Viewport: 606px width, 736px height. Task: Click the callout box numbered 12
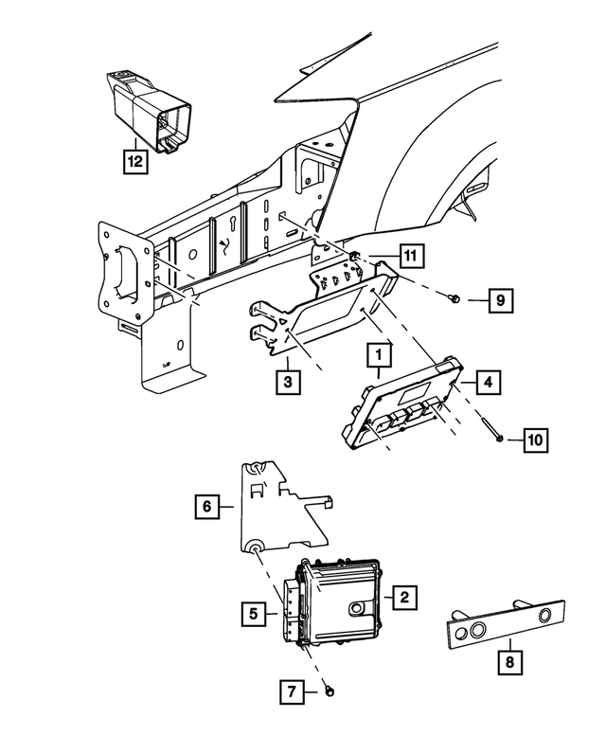136,161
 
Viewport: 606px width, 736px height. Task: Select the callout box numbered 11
410,255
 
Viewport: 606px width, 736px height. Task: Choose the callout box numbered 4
487,383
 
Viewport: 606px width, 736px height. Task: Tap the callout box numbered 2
404,597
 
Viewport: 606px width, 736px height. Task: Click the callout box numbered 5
253,613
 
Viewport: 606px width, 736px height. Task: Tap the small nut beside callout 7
327,691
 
